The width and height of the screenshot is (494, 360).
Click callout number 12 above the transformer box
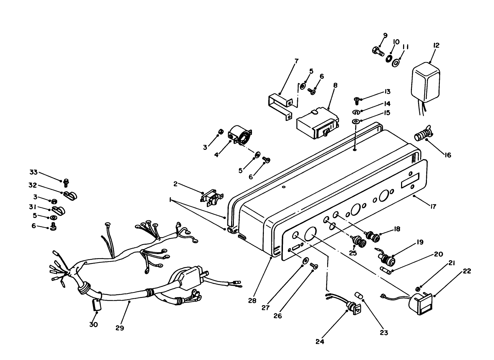[x=436, y=45]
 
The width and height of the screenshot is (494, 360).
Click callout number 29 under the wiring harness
[x=119, y=328]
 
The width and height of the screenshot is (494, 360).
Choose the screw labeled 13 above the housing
[x=356, y=100]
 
